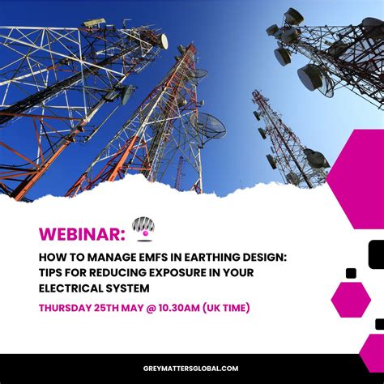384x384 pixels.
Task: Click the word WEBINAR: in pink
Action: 82,234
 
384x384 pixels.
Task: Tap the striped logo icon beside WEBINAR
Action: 143,228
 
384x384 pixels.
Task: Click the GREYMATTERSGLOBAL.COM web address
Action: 191,368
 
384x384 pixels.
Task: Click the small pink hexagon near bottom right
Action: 350,299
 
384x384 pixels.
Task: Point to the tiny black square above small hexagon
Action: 351,273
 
